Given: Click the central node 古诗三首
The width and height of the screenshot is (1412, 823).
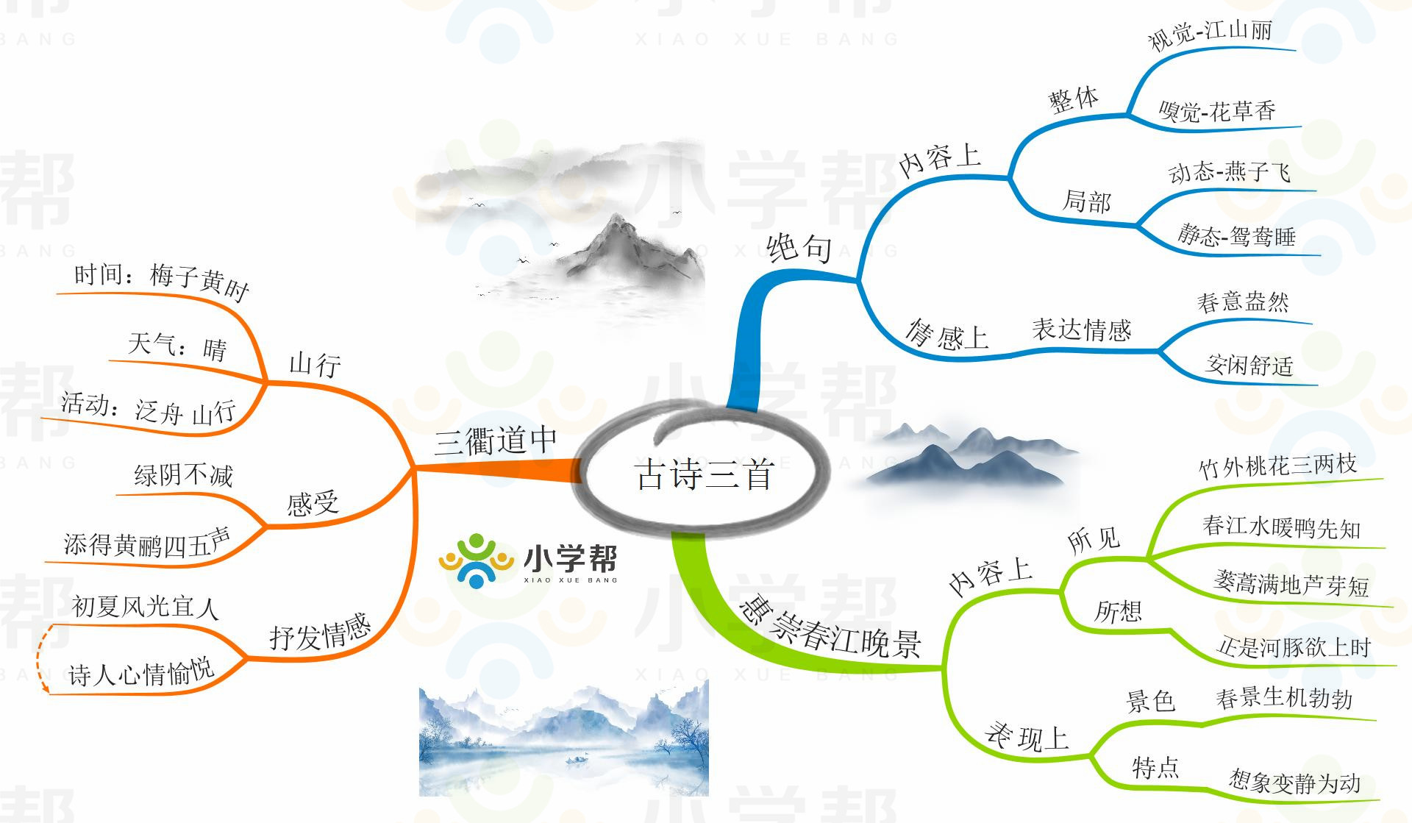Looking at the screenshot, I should [x=704, y=474].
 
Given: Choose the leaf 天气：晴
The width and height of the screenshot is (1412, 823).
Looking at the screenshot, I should [x=177, y=346].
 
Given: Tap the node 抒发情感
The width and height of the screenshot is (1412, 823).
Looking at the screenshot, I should [x=320, y=633].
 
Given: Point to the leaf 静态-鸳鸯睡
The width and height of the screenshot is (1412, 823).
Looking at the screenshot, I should [x=1236, y=236].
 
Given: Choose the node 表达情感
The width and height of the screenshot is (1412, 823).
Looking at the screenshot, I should [x=1081, y=329].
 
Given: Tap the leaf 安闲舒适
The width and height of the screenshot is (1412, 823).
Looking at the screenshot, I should [x=1249, y=364].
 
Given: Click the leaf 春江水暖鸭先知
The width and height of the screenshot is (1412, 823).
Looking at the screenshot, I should [x=1281, y=527].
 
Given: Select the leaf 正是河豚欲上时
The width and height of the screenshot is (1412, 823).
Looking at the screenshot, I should [x=1294, y=647].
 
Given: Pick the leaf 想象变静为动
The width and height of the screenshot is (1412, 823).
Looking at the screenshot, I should [x=1294, y=782].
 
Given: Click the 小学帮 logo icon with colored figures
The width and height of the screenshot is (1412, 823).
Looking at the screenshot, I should [x=477, y=560].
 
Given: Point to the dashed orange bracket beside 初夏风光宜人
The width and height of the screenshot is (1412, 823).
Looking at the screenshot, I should [x=42, y=658].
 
